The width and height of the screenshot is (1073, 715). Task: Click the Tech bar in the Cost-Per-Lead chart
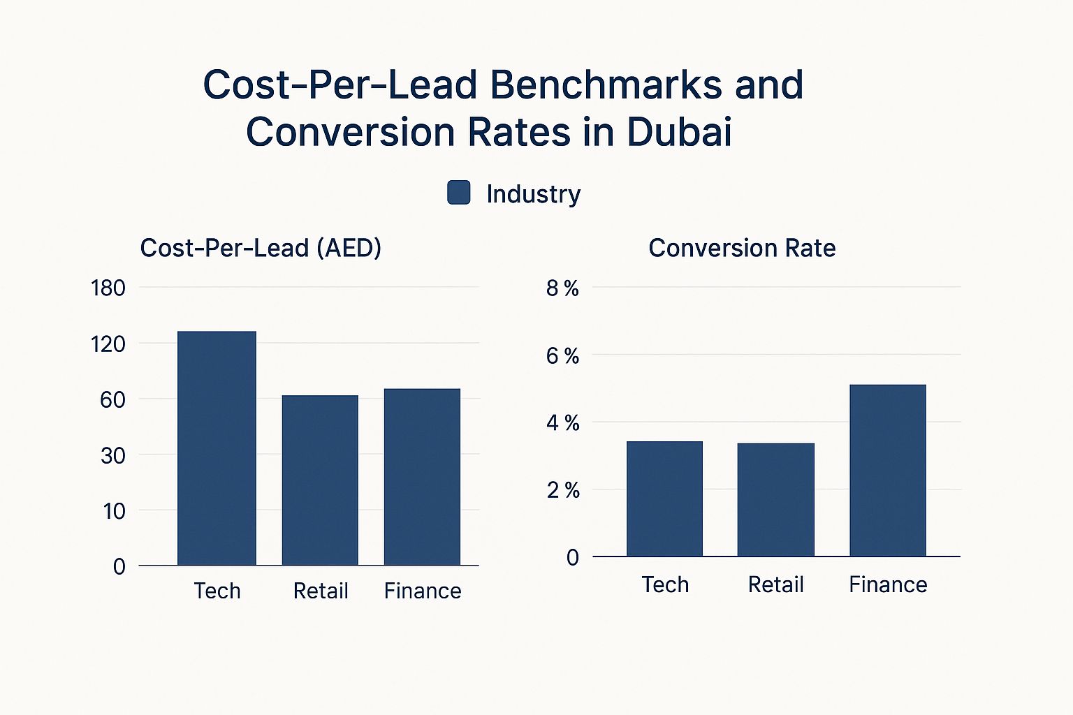click(217, 448)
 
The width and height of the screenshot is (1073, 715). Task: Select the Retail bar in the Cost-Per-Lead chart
click(320, 480)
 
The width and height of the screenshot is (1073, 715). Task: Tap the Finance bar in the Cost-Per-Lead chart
click(422, 476)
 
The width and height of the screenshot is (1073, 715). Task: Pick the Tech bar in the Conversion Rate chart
click(664, 499)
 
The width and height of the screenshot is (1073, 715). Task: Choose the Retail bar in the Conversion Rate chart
click(775, 499)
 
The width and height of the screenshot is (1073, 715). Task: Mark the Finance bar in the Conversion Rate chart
click(887, 470)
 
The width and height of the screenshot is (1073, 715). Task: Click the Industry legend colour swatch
click(458, 193)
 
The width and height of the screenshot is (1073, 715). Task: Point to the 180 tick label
click(108, 288)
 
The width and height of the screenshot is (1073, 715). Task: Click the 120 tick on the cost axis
click(108, 344)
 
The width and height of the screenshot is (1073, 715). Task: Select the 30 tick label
click(112, 455)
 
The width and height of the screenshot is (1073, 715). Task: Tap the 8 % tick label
click(562, 288)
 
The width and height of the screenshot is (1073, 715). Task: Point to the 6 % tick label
click(562, 356)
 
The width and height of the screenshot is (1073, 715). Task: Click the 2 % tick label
click(562, 490)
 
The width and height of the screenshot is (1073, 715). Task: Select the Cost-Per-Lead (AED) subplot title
click(261, 248)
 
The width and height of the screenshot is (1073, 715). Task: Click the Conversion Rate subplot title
click(742, 248)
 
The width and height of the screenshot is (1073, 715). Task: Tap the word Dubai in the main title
click(679, 131)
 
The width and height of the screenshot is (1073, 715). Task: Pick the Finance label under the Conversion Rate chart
click(888, 584)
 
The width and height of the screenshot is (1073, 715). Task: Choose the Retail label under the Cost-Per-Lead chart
click(321, 591)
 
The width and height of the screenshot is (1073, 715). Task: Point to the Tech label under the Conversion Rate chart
click(665, 584)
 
